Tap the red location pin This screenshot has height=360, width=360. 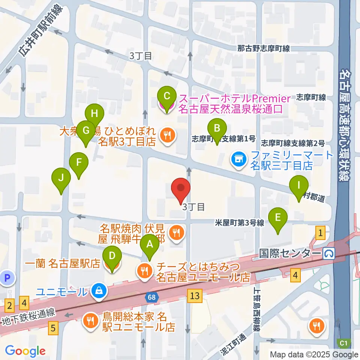coord(181,189)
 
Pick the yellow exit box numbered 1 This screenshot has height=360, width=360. coord(320,233)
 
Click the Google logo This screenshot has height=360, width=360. coord(25,351)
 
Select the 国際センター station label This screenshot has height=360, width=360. coord(290,254)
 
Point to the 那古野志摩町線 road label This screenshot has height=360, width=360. coord(264,48)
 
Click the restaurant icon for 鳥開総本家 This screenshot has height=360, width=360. coord(90,321)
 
